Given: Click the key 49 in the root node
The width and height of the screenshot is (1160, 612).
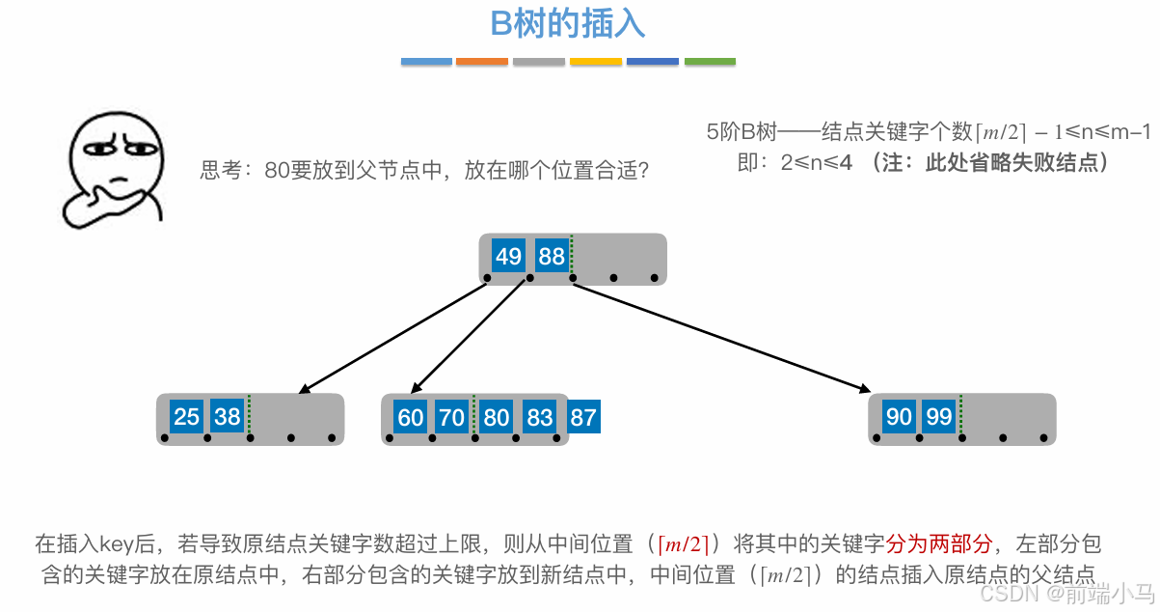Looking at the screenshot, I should click(507, 257).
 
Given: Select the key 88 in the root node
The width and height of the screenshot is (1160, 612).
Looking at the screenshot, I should click(552, 257).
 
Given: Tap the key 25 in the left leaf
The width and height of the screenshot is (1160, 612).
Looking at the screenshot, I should click(186, 417).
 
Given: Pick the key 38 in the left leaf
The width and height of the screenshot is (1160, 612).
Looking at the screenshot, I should click(228, 417).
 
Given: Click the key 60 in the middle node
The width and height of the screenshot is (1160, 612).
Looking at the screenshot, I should click(411, 418).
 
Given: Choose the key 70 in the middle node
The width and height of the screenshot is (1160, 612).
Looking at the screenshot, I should click(451, 418).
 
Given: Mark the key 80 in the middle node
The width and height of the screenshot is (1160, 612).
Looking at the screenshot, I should click(497, 418).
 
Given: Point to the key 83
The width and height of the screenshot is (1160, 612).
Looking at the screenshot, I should click(540, 418).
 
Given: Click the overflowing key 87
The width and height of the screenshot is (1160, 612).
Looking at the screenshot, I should click(583, 418).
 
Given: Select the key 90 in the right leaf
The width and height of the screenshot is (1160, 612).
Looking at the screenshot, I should click(899, 417).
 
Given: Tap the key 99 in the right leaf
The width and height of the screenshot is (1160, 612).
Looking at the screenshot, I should click(938, 417).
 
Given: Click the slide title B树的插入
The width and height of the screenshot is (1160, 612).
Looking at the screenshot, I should click(567, 24).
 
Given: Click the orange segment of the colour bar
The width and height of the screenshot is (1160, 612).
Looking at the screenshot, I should click(482, 62).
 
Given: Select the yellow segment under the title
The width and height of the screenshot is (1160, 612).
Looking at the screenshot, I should click(596, 62).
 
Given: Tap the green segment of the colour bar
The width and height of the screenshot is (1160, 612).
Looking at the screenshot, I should click(710, 62).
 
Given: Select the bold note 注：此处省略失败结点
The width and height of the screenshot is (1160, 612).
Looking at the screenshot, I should click(990, 162).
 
